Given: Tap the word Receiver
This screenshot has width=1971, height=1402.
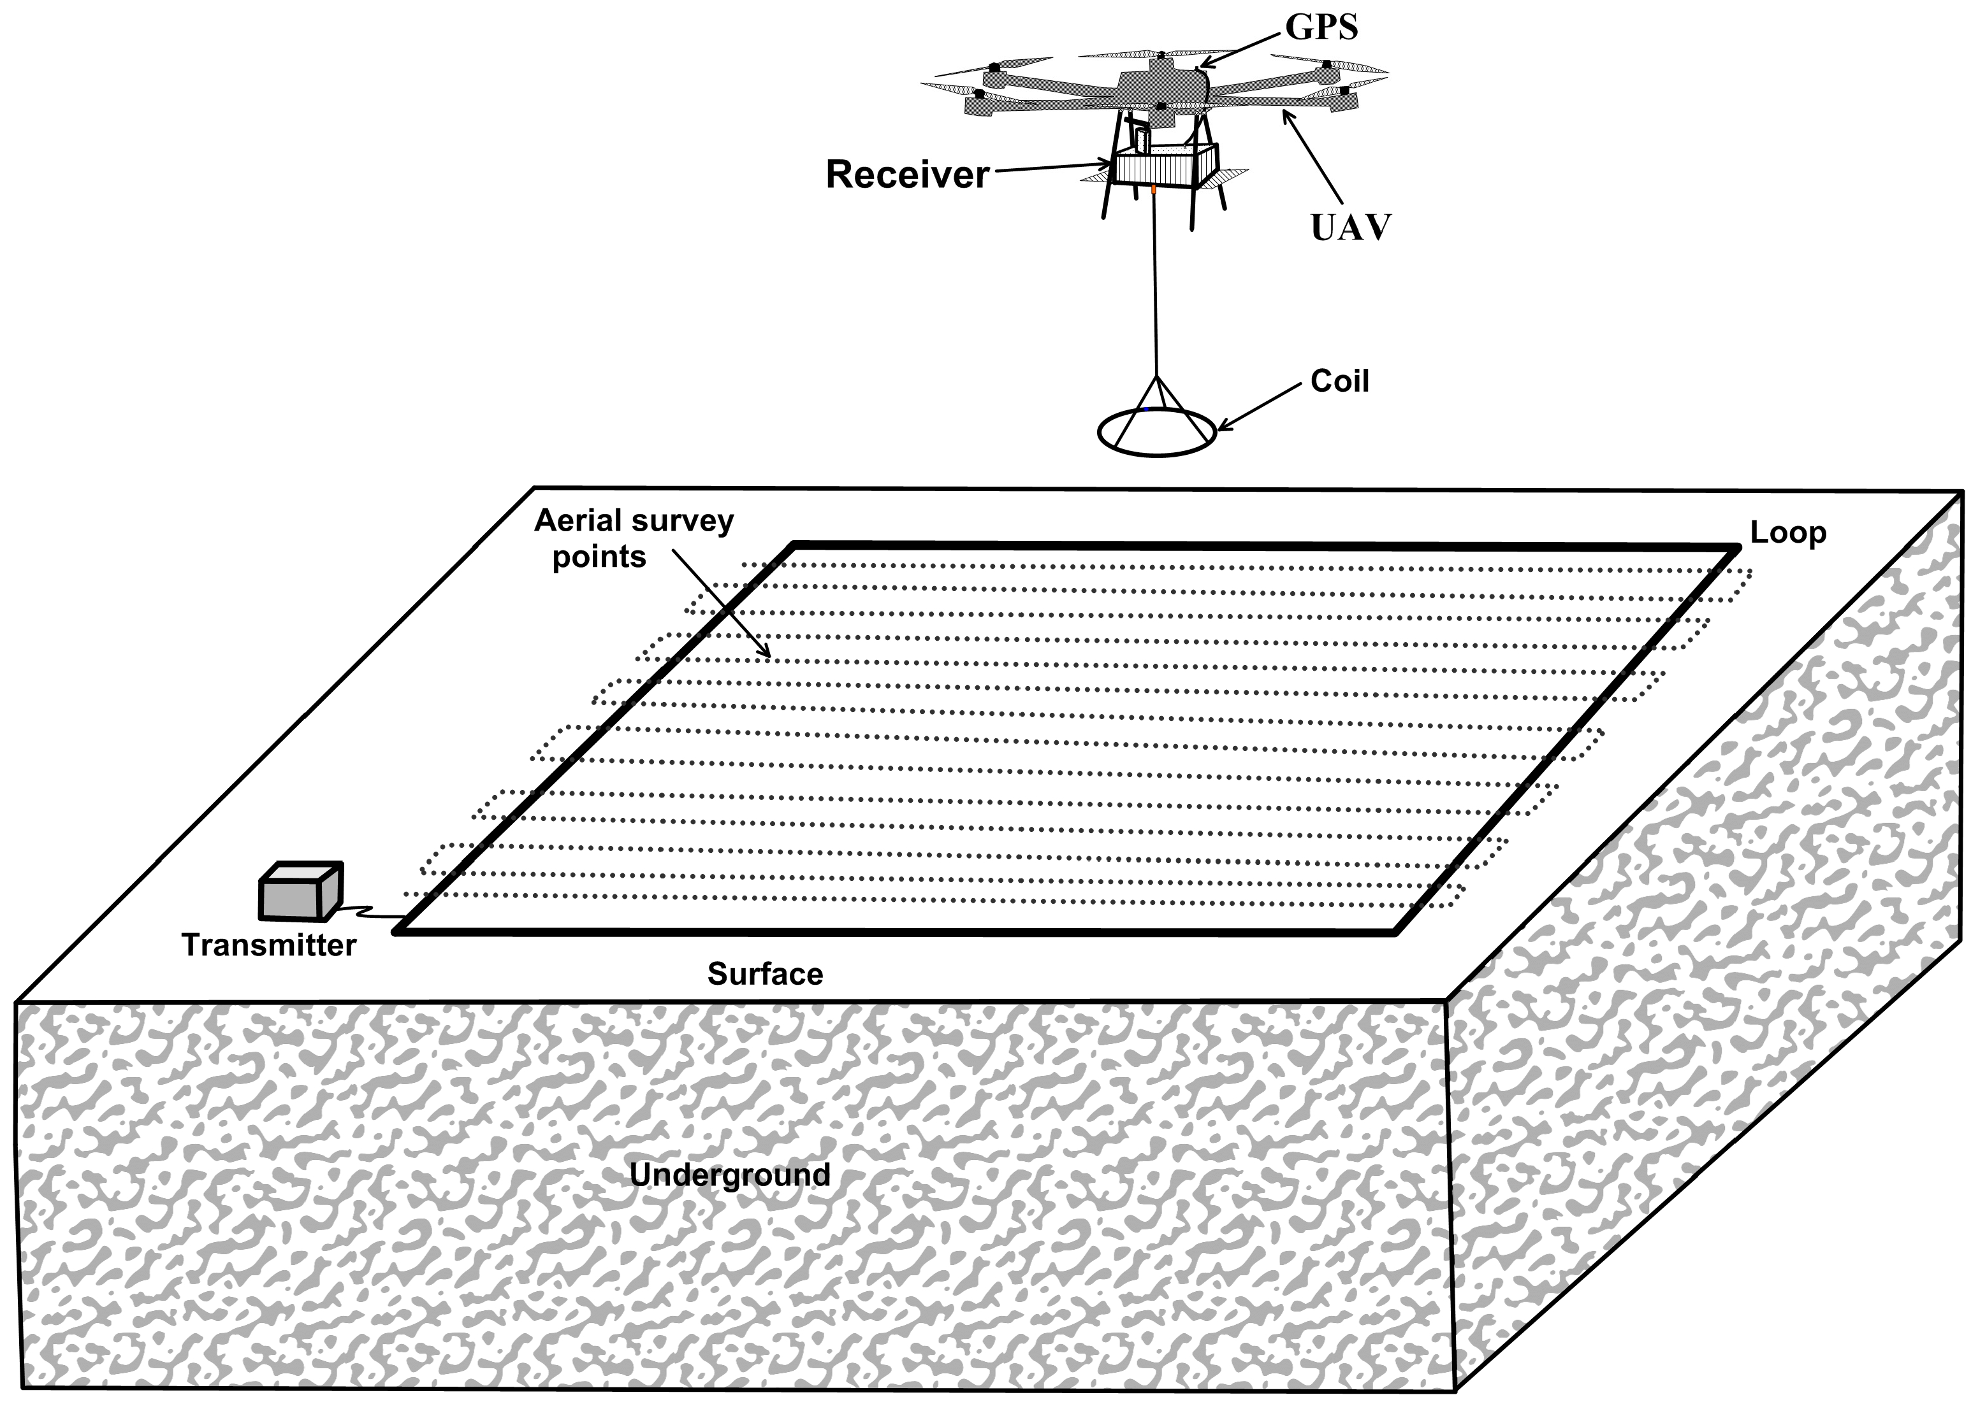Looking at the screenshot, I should (x=907, y=175).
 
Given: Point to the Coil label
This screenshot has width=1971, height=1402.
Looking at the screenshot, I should (x=1340, y=382).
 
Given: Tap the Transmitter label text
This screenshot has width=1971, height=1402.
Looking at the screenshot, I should (x=268, y=945).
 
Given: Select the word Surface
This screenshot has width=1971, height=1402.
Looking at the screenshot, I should (x=765, y=975).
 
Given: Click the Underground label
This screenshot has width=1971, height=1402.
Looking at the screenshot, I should (x=730, y=1175).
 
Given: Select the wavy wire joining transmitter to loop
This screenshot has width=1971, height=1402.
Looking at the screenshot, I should (x=370, y=911).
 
